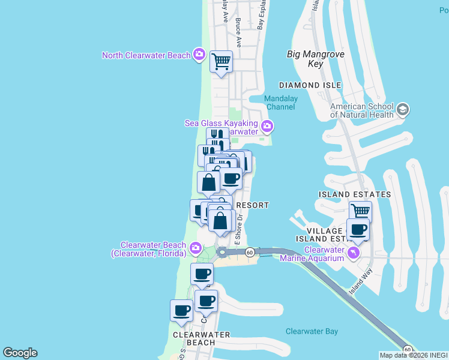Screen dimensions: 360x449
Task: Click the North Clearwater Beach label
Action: coord(146,56)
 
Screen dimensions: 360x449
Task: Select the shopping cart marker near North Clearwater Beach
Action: coord(221,61)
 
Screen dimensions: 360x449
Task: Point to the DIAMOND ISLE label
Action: coord(310,85)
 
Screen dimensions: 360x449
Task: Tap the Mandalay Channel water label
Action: coord(281,102)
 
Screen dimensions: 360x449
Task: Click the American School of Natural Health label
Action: coord(362,109)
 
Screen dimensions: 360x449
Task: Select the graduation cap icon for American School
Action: coord(402,110)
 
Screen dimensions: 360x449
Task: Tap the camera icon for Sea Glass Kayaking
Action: coord(267,127)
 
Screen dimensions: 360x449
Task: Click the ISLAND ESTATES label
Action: coord(355,194)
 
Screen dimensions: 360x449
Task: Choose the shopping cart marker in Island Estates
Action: coord(360,211)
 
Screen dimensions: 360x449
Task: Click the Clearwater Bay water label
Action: coord(312,331)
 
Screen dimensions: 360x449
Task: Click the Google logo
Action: coord(20,353)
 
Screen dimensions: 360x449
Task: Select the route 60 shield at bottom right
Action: coord(408,349)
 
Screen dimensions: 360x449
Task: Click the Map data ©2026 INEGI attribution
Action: coord(414,355)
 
